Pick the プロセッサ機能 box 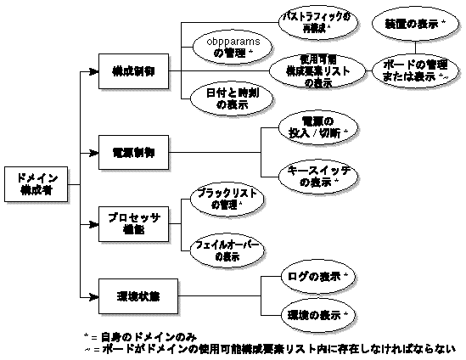tap(132, 224)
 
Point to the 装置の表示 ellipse tap(413, 25)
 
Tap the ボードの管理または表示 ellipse tap(413, 71)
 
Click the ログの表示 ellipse tap(317, 277)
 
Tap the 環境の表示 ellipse tap(317, 315)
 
